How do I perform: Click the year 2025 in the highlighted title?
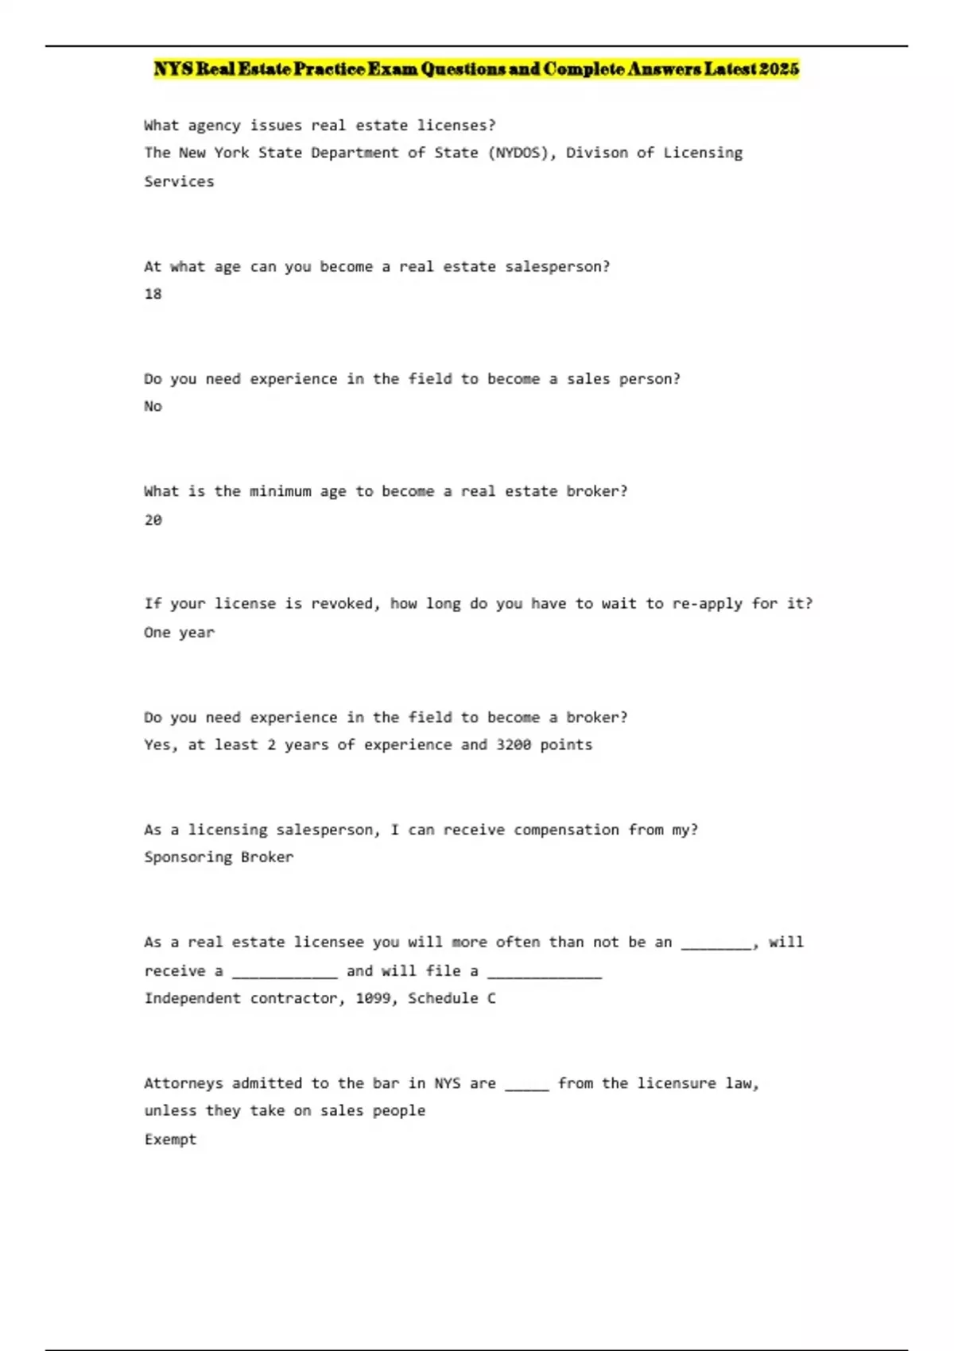tap(778, 69)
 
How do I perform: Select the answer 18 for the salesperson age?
tap(153, 294)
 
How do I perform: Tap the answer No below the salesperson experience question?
tap(153, 406)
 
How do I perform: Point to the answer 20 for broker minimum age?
tap(153, 520)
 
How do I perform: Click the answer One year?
tap(179, 633)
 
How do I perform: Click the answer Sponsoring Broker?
tap(219, 857)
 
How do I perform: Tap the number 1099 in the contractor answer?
tap(372, 998)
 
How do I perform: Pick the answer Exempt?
tap(170, 1140)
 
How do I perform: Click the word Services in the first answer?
tap(179, 181)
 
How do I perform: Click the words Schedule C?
tap(452, 998)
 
